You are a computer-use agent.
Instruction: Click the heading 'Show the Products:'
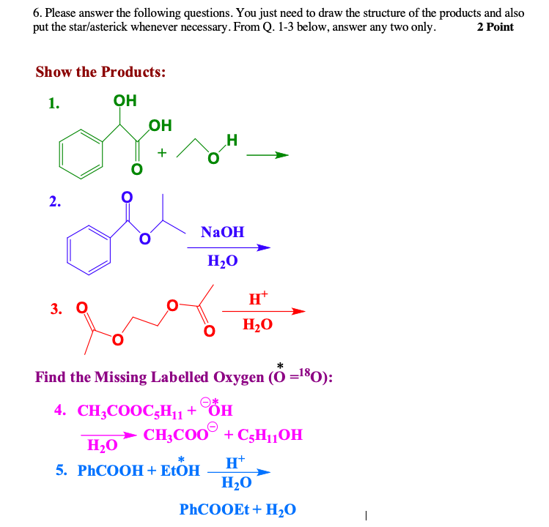[x=100, y=72]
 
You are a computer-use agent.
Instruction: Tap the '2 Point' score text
[x=495, y=27]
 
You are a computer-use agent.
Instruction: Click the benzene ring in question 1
[x=78, y=154]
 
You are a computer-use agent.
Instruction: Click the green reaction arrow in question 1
[x=267, y=155]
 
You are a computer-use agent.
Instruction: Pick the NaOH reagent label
[x=222, y=232]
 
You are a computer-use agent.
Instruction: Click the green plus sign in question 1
[x=162, y=153]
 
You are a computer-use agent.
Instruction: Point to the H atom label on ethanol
[x=232, y=140]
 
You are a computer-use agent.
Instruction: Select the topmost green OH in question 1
[x=125, y=101]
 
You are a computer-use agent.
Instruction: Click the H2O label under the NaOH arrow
[x=222, y=260]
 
